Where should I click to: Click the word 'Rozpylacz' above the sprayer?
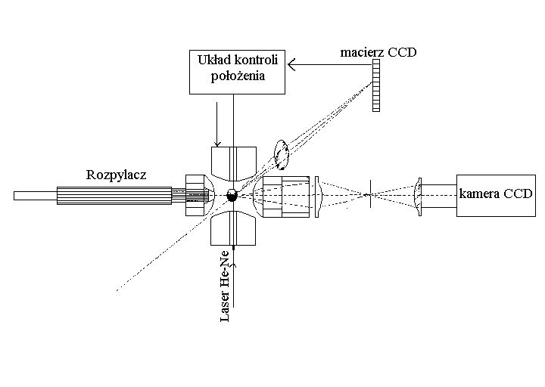click(116, 175)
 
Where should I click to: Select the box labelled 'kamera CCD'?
click(496, 196)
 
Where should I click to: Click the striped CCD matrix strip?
click(376, 86)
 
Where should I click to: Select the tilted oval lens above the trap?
click(283, 153)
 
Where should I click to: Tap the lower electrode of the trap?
click(234, 228)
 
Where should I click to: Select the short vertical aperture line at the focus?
click(369, 194)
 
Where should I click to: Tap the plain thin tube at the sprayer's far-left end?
click(35, 196)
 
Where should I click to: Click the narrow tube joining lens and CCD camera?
click(438, 196)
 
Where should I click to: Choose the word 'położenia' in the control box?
click(238, 76)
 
